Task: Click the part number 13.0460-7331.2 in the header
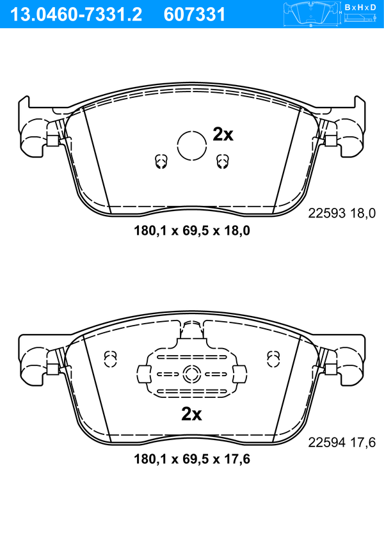click(76, 15)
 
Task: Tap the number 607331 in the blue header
click(195, 15)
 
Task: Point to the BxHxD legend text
click(360, 7)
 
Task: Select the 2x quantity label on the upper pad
click(223, 134)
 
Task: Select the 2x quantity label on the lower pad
click(191, 414)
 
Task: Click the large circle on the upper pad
click(192, 146)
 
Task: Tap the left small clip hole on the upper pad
click(160, 161)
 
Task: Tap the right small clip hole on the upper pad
click(222, 161)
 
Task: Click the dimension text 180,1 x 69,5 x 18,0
click(192, 230)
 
